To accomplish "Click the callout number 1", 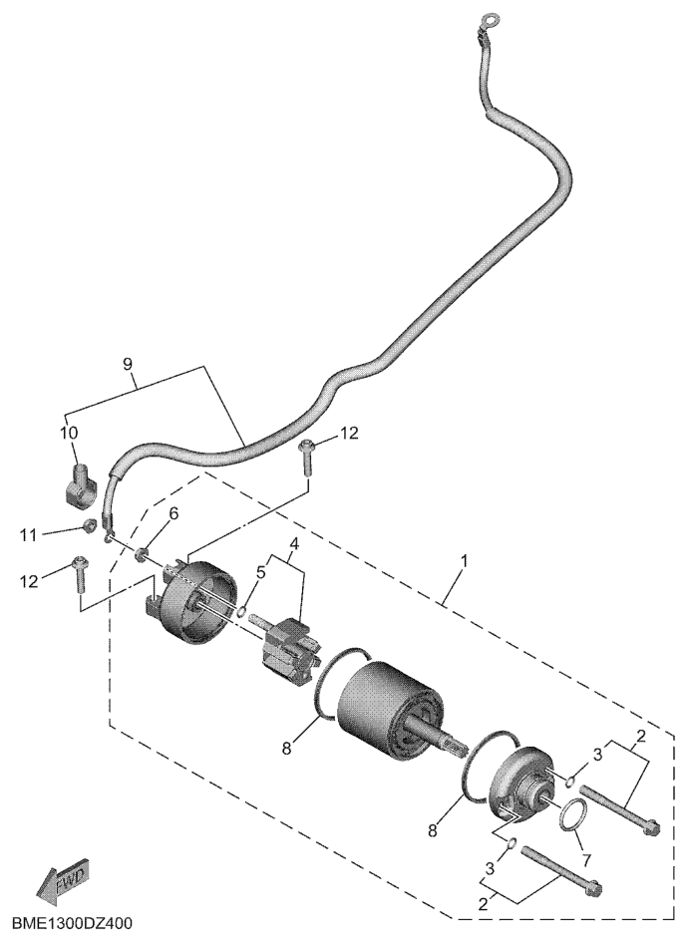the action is pos(464,562).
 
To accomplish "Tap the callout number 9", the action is pos(127,364).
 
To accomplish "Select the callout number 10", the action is pos(70,432).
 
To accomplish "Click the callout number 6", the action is pos(173,513).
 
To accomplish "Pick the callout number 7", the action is pos(586,859).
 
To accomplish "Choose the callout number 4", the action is pos(294,543).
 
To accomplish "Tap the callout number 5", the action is pos(259,572).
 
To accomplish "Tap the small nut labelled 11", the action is pos(90,525).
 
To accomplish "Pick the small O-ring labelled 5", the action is pos(241,612).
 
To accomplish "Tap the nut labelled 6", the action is pos(141,552).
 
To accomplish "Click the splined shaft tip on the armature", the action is pos(461,749).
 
